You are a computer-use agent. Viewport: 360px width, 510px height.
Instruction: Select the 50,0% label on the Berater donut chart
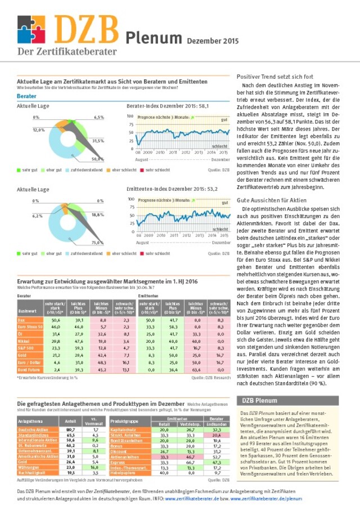pos(97,159)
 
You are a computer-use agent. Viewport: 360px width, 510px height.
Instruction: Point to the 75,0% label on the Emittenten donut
pos(97,243)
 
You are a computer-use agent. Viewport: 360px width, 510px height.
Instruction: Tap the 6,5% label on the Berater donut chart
pos(99,117)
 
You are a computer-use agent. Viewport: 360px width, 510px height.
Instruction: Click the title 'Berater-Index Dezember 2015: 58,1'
pos(168,106)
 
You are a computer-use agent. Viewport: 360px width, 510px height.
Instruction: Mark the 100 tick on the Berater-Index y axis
pos(130,116)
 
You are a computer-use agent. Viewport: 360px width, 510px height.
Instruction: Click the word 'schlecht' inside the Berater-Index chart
pos(219,146)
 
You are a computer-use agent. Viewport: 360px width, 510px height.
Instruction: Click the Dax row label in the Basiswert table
pos(22,319)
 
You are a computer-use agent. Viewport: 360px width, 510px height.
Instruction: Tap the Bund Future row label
pos(26,370)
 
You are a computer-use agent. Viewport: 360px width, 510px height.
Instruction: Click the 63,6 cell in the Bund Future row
pos(196,370)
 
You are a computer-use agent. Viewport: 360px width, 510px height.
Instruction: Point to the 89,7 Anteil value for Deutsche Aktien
pos(71,428)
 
